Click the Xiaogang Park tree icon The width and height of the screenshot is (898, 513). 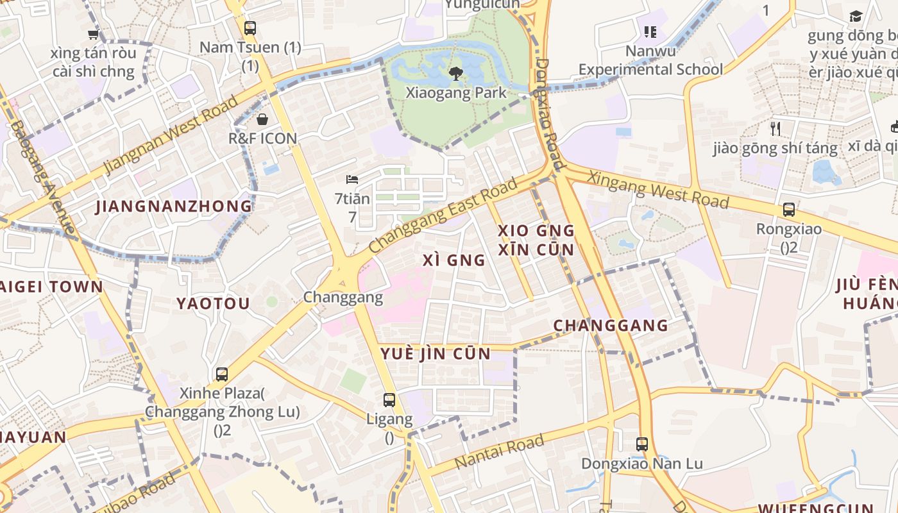456,73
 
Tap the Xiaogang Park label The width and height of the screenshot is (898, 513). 456,93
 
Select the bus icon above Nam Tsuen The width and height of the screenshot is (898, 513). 250,28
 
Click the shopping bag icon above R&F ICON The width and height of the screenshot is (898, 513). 262,119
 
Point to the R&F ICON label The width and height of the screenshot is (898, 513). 262,139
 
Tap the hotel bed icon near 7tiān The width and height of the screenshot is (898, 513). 352,179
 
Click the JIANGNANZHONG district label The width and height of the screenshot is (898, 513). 174,206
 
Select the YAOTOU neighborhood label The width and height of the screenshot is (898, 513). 213,303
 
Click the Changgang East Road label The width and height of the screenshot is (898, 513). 443,216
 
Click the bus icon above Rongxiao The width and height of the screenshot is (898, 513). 789,210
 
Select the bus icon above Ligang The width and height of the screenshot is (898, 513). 389,400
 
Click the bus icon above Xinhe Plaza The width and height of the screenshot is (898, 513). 222,374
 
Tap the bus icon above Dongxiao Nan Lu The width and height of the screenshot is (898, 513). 642,444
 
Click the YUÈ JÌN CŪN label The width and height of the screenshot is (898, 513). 436,354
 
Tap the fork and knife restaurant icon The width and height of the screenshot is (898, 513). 775,129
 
